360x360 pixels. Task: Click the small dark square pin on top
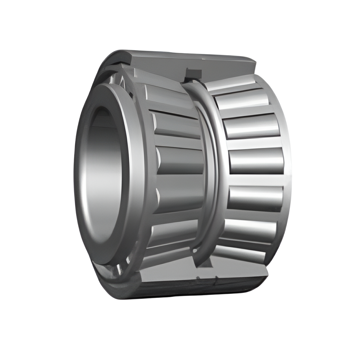(x=193, y=73)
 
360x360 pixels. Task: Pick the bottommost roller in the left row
(x=167, y=257)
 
